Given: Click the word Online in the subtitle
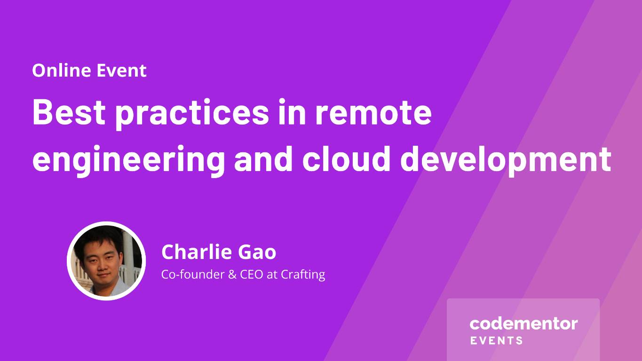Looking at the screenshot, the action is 61,70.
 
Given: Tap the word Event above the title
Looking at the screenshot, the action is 121,71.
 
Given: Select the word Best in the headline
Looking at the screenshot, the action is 69,112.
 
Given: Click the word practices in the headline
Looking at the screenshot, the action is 192,114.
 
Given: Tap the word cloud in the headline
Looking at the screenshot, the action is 347,158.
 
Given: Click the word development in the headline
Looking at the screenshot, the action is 506,161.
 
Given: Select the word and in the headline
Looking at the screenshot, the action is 263,158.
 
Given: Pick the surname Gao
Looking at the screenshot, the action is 257,252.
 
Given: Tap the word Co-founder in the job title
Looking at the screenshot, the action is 193,274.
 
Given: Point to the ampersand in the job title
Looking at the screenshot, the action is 232,275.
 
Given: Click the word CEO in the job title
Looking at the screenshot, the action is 251,275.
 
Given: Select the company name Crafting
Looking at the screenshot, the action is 303,275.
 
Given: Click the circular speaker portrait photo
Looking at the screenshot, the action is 106,261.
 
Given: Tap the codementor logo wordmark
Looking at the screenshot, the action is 523,324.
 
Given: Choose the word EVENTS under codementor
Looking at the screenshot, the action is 496,341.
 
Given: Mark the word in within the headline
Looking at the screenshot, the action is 292,112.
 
